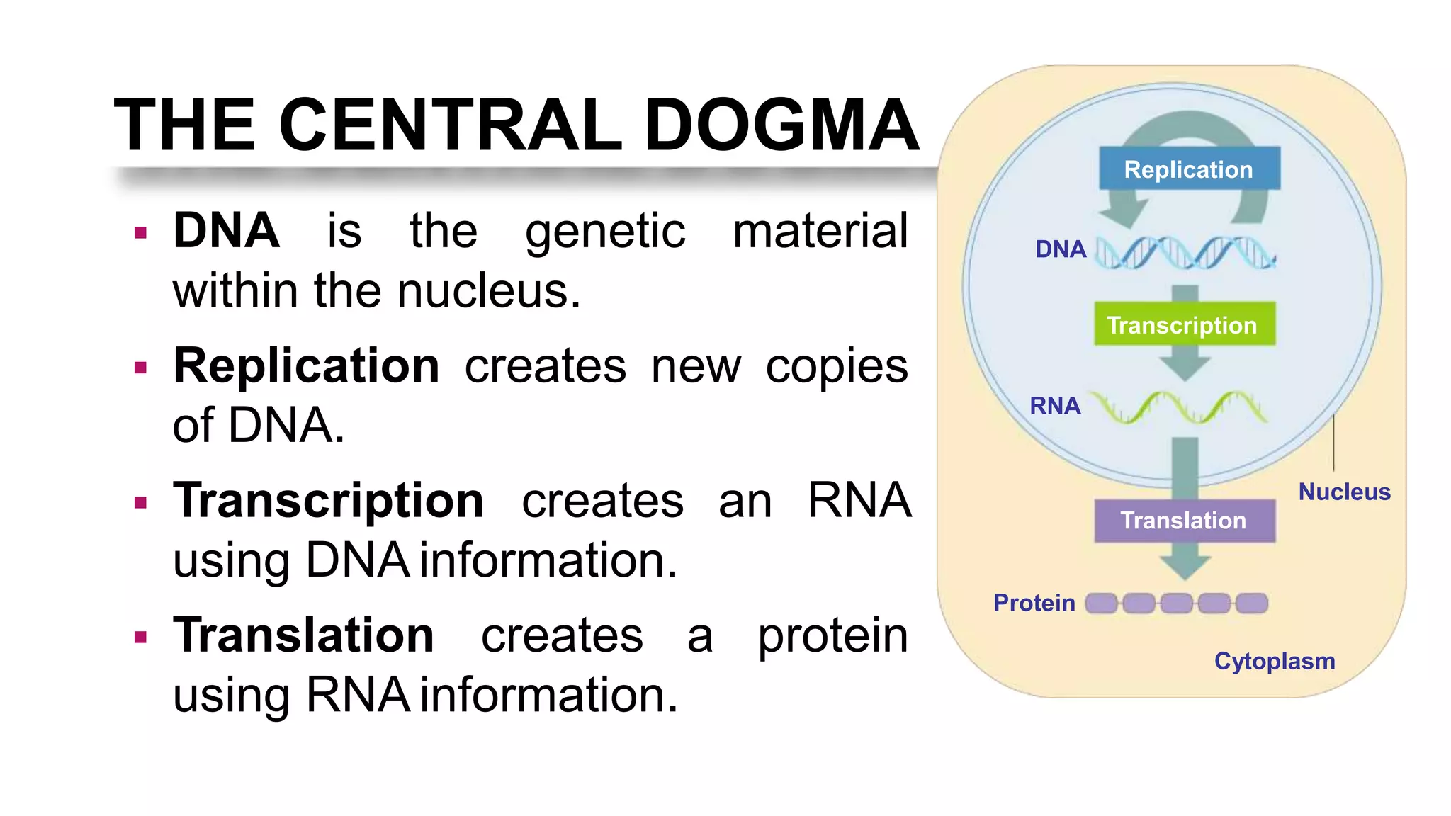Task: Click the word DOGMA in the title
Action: [x=781, y=125]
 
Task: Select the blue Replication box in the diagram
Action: [x=1189, y=169]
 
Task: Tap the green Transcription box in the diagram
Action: [x=1184, y=324]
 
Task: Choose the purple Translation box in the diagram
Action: [x=1184, y=521]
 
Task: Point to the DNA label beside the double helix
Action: [x=1060, y=249]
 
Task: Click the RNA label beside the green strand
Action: [x=1055, y=406]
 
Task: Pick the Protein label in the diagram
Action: [x=1034, y=603]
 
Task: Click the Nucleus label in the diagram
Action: [x=1344, y=492]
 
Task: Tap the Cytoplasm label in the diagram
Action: [x=1275, y=661]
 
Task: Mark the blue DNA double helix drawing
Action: [x=1185, y=253]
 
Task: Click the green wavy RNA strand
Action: [x=1178, y=407]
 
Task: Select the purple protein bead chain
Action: [x=1176, y=603]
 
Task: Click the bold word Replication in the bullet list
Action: [x=306, y=366]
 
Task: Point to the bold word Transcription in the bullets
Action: [x=329, y=500]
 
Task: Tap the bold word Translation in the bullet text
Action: [x=303, y=635]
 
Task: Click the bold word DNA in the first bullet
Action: [x=226, y=231]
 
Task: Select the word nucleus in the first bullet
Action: [x=487, y=291]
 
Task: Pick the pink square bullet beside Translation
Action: [x=140, y=637]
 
